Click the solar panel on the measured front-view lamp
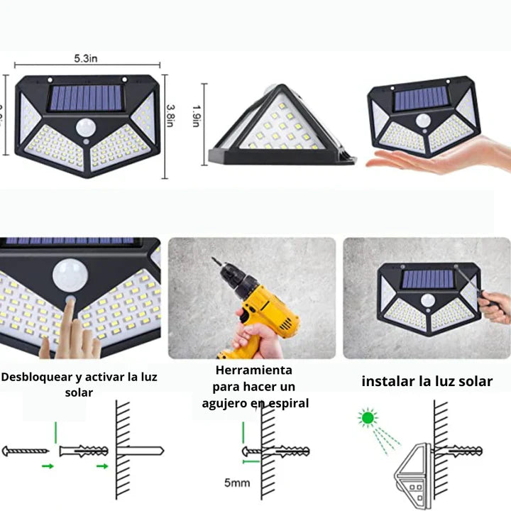pyautogui.click(x=85, y=97)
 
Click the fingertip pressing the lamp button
pyautogui.click(x=70, y=304)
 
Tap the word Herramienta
pyautogui.click(x=253, y=370)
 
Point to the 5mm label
pyautogui.click(x=237, y=483)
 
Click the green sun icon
pyautogui.click(x=367, y=419)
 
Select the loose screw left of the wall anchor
pyautogui.click(x=26, y=451)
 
